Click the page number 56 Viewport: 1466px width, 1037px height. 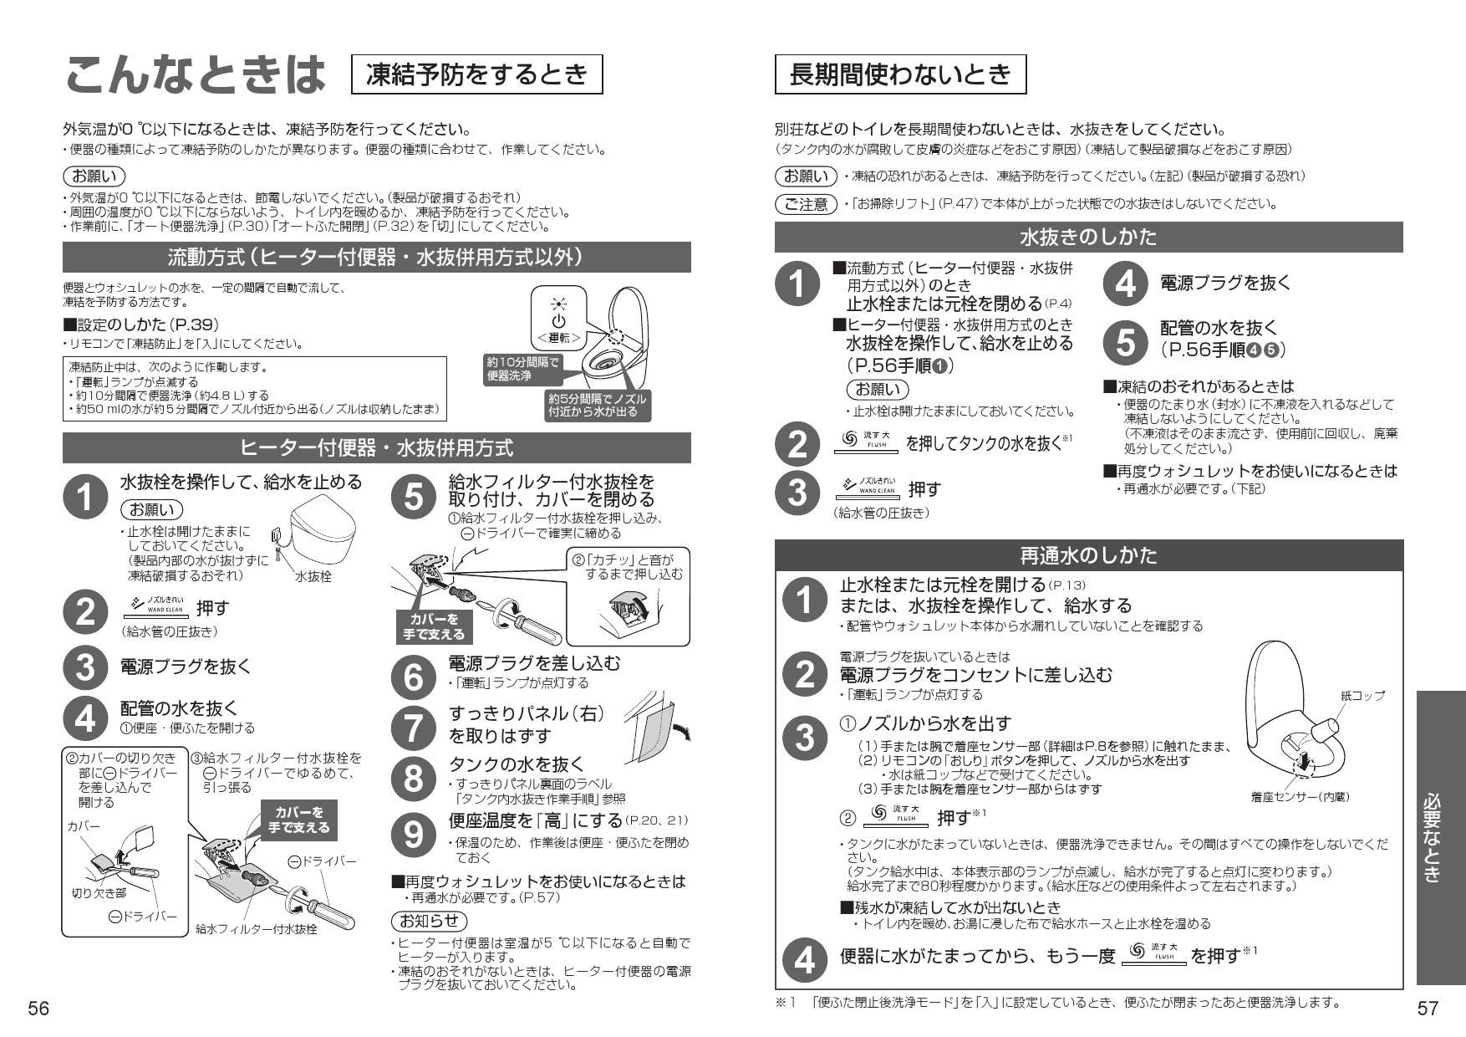point(38,1008)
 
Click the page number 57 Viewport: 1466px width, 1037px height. point(1428,1008)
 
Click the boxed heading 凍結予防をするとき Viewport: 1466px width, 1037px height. point(477,74)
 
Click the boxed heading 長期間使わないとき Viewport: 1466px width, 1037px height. point(900,74)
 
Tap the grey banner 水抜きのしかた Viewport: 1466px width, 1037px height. point(1088,238)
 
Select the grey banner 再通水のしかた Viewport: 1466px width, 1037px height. point(1088,554)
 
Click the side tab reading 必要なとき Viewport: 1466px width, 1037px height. point(1440,837)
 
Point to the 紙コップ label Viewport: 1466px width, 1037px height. point(1362,695)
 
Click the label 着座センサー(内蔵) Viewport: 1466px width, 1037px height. point(1300,797)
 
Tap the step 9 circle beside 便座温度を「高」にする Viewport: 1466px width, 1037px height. point(413,834)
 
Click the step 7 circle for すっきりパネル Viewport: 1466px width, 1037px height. point(413,725)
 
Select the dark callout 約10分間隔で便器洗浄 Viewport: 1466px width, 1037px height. point(522,369)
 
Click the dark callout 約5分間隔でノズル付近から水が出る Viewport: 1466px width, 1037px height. point(597,405)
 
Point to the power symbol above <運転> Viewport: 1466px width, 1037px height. point(558,320)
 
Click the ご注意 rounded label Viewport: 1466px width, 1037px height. point(806,204)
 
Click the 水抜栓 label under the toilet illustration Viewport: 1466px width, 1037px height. point(313,576)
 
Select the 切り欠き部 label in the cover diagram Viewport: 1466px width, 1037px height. point(99,892)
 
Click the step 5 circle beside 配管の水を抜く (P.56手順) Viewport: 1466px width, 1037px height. point(1126,340)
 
